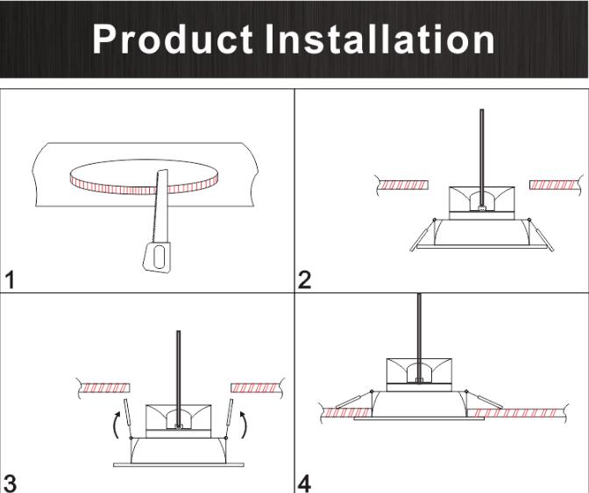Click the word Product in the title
tap(173, 39)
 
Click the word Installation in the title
tap(380, 39)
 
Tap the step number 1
tap(11, 280)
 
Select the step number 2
tap(304, 280)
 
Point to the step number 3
tap(10, 483)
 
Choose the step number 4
tap(304, 483)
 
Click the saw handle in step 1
tap(157, 257)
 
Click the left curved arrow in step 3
tap(117, 425)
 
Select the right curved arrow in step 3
tap(244, 425)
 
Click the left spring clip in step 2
tap(422, 236)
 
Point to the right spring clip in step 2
tap(542, 236)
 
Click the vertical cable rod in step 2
tap(482, 158)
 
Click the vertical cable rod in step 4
tap(419, 338)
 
